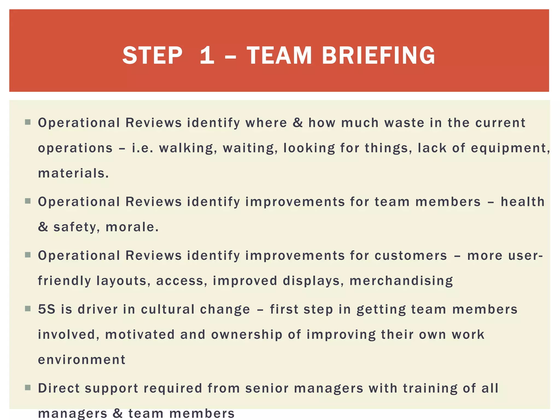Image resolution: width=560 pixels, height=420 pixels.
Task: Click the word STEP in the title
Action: pos(152,56)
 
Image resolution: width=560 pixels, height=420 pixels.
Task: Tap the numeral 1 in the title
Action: pos(207,56)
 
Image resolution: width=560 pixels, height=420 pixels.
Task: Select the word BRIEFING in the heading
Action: pos(378,56)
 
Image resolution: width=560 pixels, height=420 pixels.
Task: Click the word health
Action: pos(523,202)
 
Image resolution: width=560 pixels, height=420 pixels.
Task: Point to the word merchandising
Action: pos(401,281)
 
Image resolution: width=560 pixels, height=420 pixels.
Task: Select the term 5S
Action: pos(46,309)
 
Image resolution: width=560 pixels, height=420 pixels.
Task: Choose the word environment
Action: pos(81,360)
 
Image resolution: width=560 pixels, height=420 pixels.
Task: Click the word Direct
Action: pos(59,388)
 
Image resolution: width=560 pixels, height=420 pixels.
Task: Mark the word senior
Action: pos(267,388)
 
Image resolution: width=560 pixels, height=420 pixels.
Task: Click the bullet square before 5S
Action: pos(28,309)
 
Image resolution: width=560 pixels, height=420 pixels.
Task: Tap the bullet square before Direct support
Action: pos(28,388)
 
